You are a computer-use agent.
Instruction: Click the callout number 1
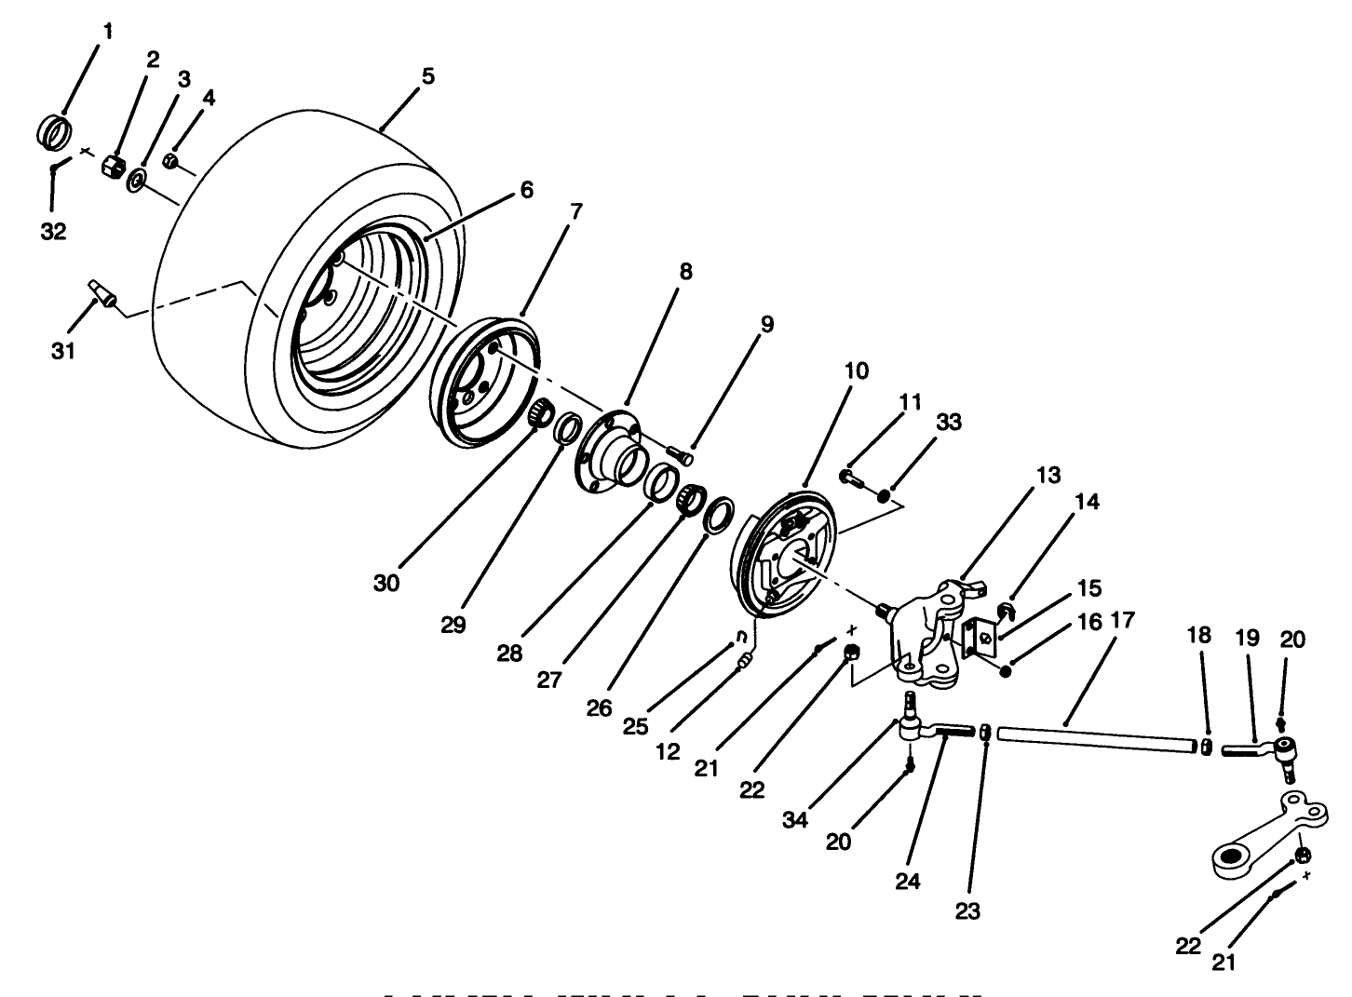[x=107, y=32]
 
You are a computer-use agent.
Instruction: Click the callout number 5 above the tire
[x=426, y=76]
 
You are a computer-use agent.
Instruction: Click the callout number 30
[x=386, y=583]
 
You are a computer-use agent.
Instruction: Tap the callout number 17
[x=1122, y=620]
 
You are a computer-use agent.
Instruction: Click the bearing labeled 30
[x=539, y=412]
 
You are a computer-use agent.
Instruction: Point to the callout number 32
[x=53, y=231]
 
